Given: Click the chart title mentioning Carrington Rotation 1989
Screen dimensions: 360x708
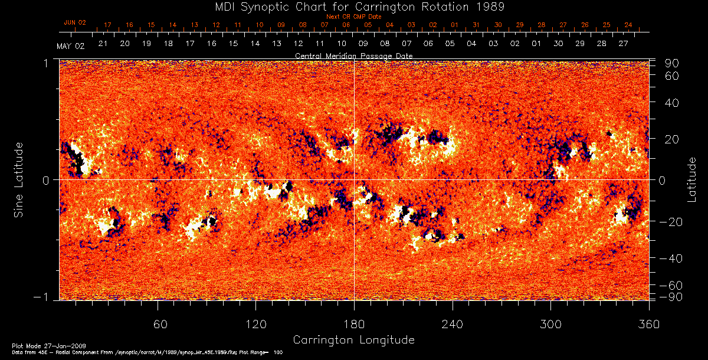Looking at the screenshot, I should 354,7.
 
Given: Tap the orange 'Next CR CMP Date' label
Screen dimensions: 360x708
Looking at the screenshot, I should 354,17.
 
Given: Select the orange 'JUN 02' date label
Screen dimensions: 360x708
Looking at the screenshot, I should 75,22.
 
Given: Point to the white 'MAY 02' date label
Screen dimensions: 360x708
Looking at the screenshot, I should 71,47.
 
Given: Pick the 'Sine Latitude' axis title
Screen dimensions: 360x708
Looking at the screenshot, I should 19,179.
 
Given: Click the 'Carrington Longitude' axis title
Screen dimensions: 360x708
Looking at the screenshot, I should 354,340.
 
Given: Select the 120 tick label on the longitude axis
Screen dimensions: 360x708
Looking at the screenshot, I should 256,324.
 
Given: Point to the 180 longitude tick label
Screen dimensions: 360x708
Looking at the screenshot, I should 354,324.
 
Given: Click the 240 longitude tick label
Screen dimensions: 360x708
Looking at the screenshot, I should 453,324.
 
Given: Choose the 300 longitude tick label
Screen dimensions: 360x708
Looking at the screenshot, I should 550,324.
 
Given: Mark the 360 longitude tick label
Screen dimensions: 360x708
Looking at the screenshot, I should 649,324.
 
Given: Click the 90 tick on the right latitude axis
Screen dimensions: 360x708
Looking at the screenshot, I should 673,63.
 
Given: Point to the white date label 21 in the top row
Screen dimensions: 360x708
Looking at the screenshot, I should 103,44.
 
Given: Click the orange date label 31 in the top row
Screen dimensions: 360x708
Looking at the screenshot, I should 476,25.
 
